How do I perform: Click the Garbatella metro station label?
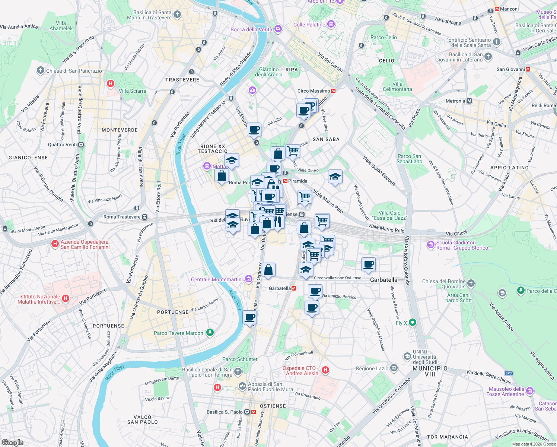pos(280,288)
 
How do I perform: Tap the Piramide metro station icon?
pos(285,181)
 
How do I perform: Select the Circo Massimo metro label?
pos(313,91)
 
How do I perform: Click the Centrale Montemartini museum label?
pos(217,279)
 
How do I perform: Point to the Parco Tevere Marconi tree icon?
pos(210,332)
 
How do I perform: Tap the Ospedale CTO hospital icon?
pos(325,370)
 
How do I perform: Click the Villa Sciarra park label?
pos(132,91)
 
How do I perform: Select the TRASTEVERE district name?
pos(182,80)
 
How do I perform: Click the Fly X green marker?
pos(413,322)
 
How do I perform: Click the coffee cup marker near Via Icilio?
pos(254,130)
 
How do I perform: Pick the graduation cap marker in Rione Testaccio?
pos(232,161)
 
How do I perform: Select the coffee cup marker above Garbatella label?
pos(368,264)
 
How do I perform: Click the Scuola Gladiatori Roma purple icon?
pos(431,245)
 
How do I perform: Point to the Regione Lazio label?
pos(372,368)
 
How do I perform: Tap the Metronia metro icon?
pos(469,101)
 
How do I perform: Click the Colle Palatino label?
pos(309,25)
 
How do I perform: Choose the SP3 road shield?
pos(509,373)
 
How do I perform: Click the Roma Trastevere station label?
pos(122,217)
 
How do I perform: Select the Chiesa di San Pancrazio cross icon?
pos(41,70)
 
